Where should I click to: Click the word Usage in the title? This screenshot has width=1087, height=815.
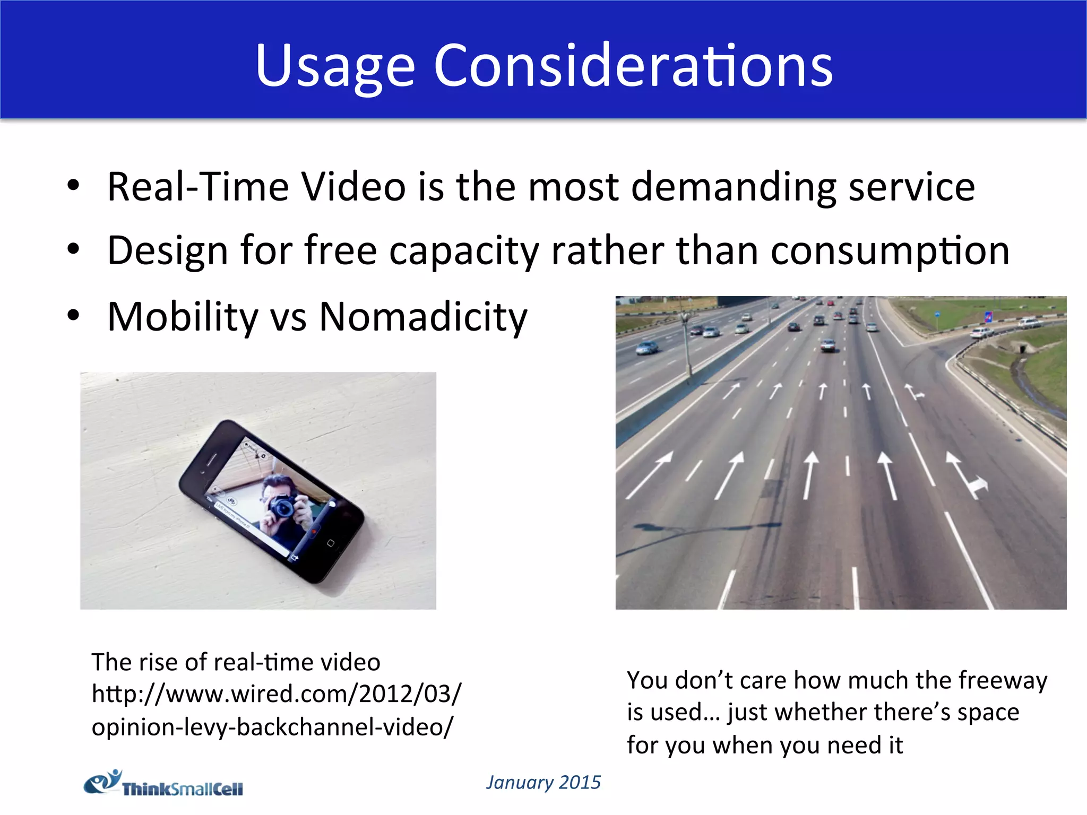click(x=334, y=66)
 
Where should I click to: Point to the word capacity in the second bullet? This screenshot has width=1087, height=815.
click(x=464, y=250)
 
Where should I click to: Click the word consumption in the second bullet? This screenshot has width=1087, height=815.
click(x=890, y=250)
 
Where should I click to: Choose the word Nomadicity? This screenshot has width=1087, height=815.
click(x=423, y=317)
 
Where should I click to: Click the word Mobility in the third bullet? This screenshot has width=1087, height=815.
click(x=183, y=317)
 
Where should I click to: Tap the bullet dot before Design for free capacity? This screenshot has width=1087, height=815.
click(x=73, y=248)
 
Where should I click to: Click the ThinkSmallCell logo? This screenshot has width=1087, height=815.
click(x=163, y=784)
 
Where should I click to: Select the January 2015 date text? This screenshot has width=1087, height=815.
click(x=543, y=783)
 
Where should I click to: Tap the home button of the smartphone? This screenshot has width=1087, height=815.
click(x=330, y=543)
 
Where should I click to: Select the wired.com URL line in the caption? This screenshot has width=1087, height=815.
click(x=276, y=694)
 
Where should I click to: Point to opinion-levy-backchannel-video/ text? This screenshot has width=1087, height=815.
click(x=272, y=727)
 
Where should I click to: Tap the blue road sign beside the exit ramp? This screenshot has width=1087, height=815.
click(x=988, y=317)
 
